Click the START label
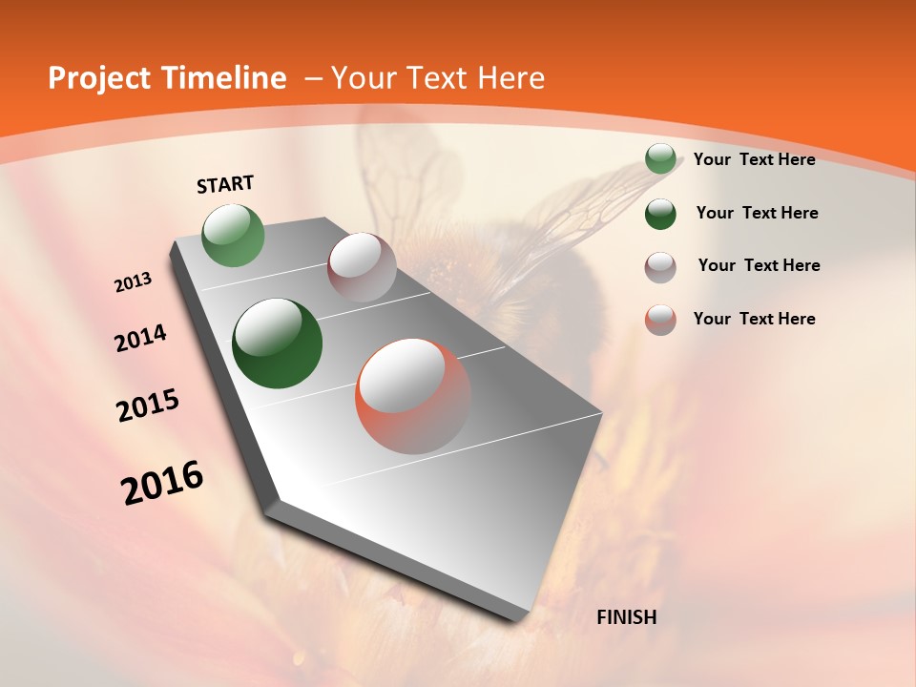[225, 184]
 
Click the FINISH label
[626, 617]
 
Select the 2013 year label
[134, 282]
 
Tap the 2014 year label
[140, 339]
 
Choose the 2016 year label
[162, 483]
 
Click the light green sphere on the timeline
[234, 235]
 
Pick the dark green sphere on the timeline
[278, 343]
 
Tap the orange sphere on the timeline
[413, 396]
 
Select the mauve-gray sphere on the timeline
[362, 267]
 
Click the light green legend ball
[660, 159]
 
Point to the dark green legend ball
[660, 214]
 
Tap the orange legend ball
[660, 320]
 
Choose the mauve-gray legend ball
[660, 267]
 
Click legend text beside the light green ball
[754, 159]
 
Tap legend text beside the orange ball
[754, 319]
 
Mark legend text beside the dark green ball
[757, 213]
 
